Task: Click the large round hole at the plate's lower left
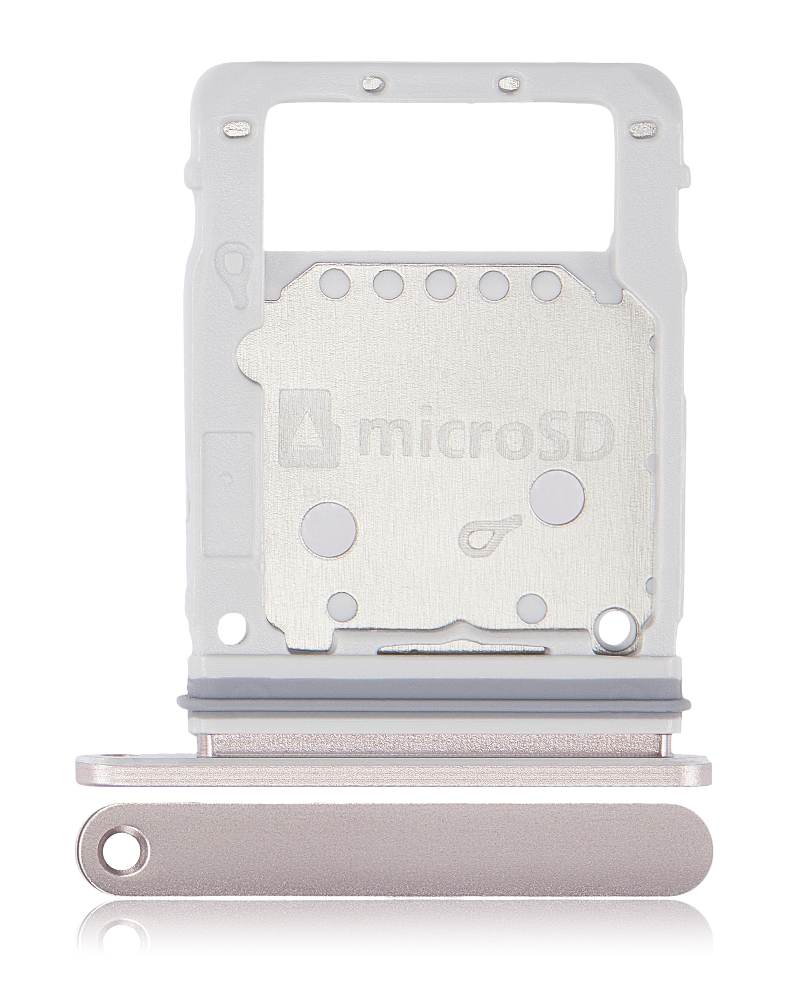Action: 329,527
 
